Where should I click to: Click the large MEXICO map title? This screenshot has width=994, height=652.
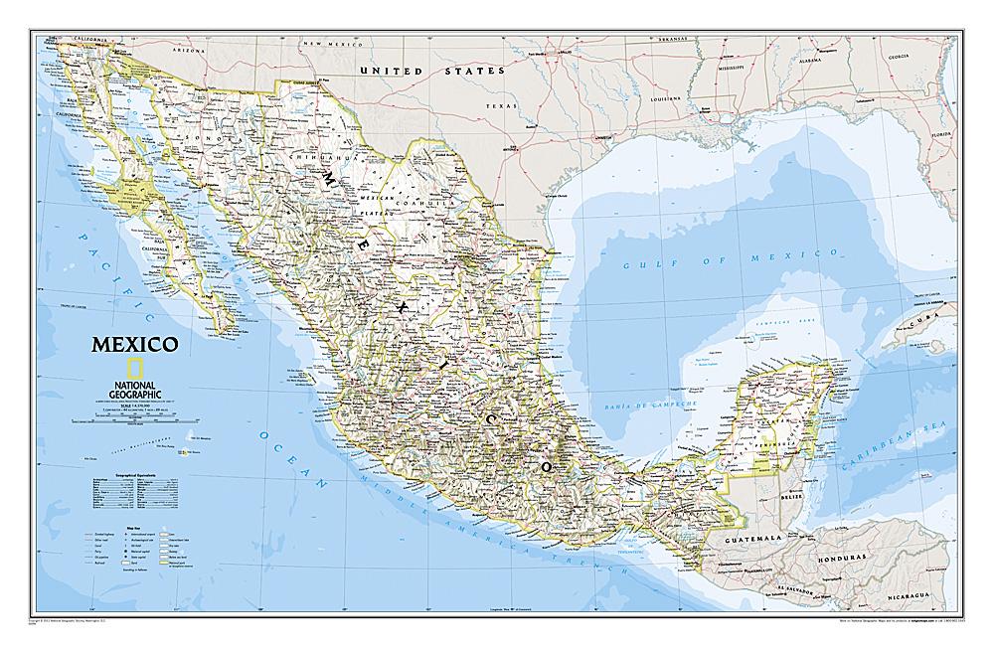135,346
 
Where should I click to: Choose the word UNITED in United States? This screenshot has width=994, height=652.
391,72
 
